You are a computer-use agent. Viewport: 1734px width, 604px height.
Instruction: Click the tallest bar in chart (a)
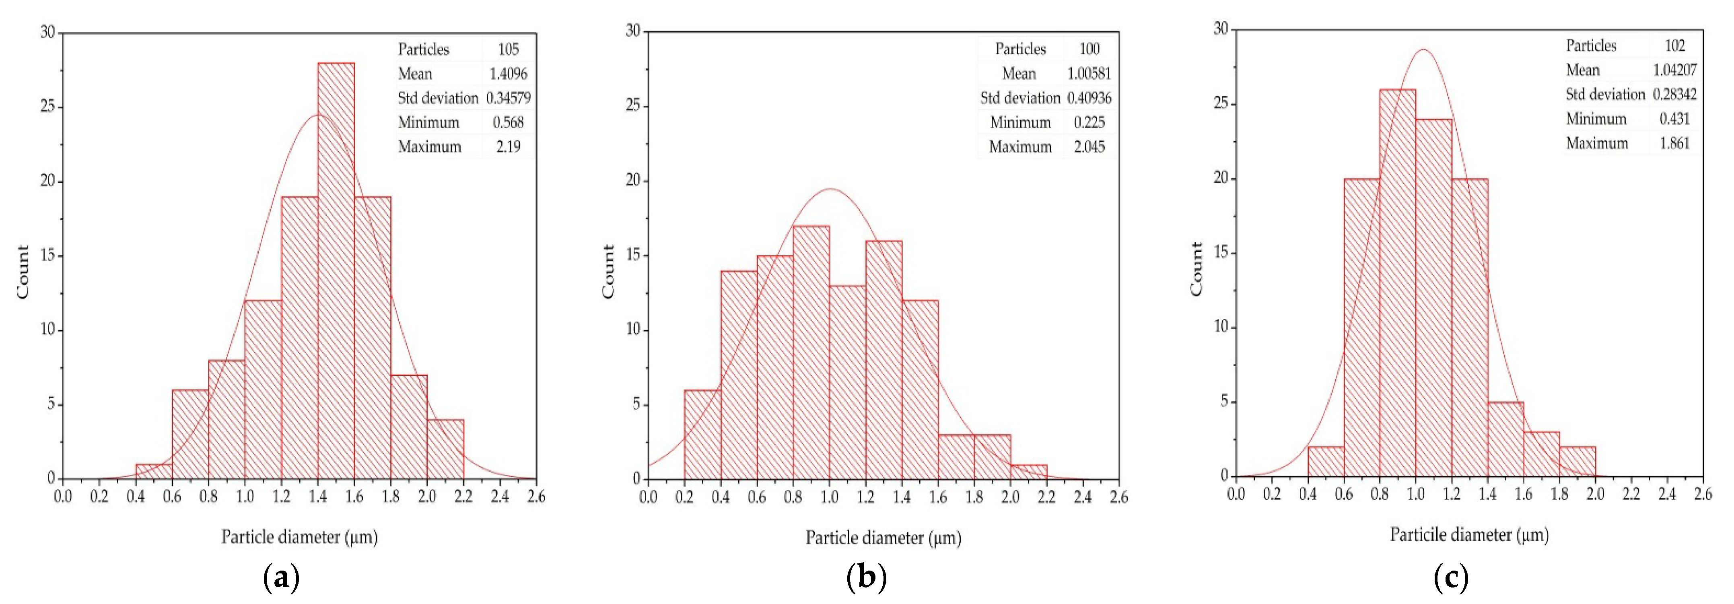[x=336, y=269]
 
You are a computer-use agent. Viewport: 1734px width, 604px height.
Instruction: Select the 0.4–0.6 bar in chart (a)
[x=154, y=471]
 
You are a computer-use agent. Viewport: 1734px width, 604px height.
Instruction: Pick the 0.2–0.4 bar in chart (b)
[x=702, y=434]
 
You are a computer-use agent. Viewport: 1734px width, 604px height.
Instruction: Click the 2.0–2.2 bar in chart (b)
[x=1029, y=472]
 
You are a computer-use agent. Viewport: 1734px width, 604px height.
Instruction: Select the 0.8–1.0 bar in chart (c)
[x=1397, y=283]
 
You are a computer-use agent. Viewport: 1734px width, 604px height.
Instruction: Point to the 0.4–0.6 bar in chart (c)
[x=1325, y=461]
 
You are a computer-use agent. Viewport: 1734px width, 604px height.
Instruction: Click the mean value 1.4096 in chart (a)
[x=508, y=73]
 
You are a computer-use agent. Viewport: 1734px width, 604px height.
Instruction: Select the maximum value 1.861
[x=1674, y=143]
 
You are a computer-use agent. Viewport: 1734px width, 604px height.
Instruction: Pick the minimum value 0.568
[x=508, y=122]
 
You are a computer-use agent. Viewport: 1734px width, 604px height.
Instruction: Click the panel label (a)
[x=281, y=578]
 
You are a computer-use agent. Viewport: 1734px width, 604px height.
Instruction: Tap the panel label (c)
[x=1451, y=578]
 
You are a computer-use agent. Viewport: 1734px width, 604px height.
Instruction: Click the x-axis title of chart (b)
[x=883, y=537]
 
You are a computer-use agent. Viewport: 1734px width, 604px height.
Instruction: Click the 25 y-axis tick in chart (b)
[x=633, y=106]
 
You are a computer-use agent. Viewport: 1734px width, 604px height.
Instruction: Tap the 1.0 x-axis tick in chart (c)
[x=1416, y=494]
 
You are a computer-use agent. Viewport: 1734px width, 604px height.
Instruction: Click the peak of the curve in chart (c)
[x=1424, y=49]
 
